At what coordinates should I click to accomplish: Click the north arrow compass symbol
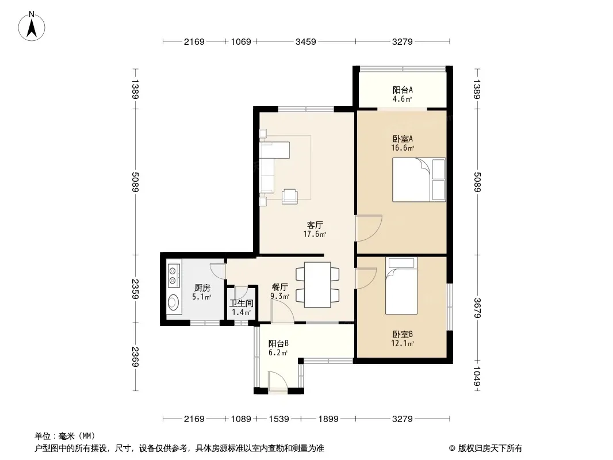pos(32,26)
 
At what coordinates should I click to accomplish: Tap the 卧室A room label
pos(403,139)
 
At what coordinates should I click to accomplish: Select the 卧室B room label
pos(403,335)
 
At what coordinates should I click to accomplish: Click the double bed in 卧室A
pos(419,180)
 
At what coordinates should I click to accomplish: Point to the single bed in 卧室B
pos(401,286)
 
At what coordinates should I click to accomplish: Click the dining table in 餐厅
pos(317,285)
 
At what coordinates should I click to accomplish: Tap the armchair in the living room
pos(290,196)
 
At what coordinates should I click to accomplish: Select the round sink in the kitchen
pos(173,302)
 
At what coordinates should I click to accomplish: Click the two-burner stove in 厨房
pos(173,275)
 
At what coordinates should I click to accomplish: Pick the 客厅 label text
pos(315,225)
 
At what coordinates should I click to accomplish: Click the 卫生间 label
pos(241,303)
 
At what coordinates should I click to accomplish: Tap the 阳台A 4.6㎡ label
pos(403,94)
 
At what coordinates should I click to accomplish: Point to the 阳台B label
pos(278,343)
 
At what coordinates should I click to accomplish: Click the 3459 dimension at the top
pos(306,41)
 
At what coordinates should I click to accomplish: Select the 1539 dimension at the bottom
pos(279,419)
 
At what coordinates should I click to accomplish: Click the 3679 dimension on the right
pos(477,308)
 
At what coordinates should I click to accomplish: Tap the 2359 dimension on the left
pos(135,289)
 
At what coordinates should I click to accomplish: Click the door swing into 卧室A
pos(368,228)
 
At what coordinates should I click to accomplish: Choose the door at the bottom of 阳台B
pos(278,381)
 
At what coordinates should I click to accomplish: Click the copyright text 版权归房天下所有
pos(490,448)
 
